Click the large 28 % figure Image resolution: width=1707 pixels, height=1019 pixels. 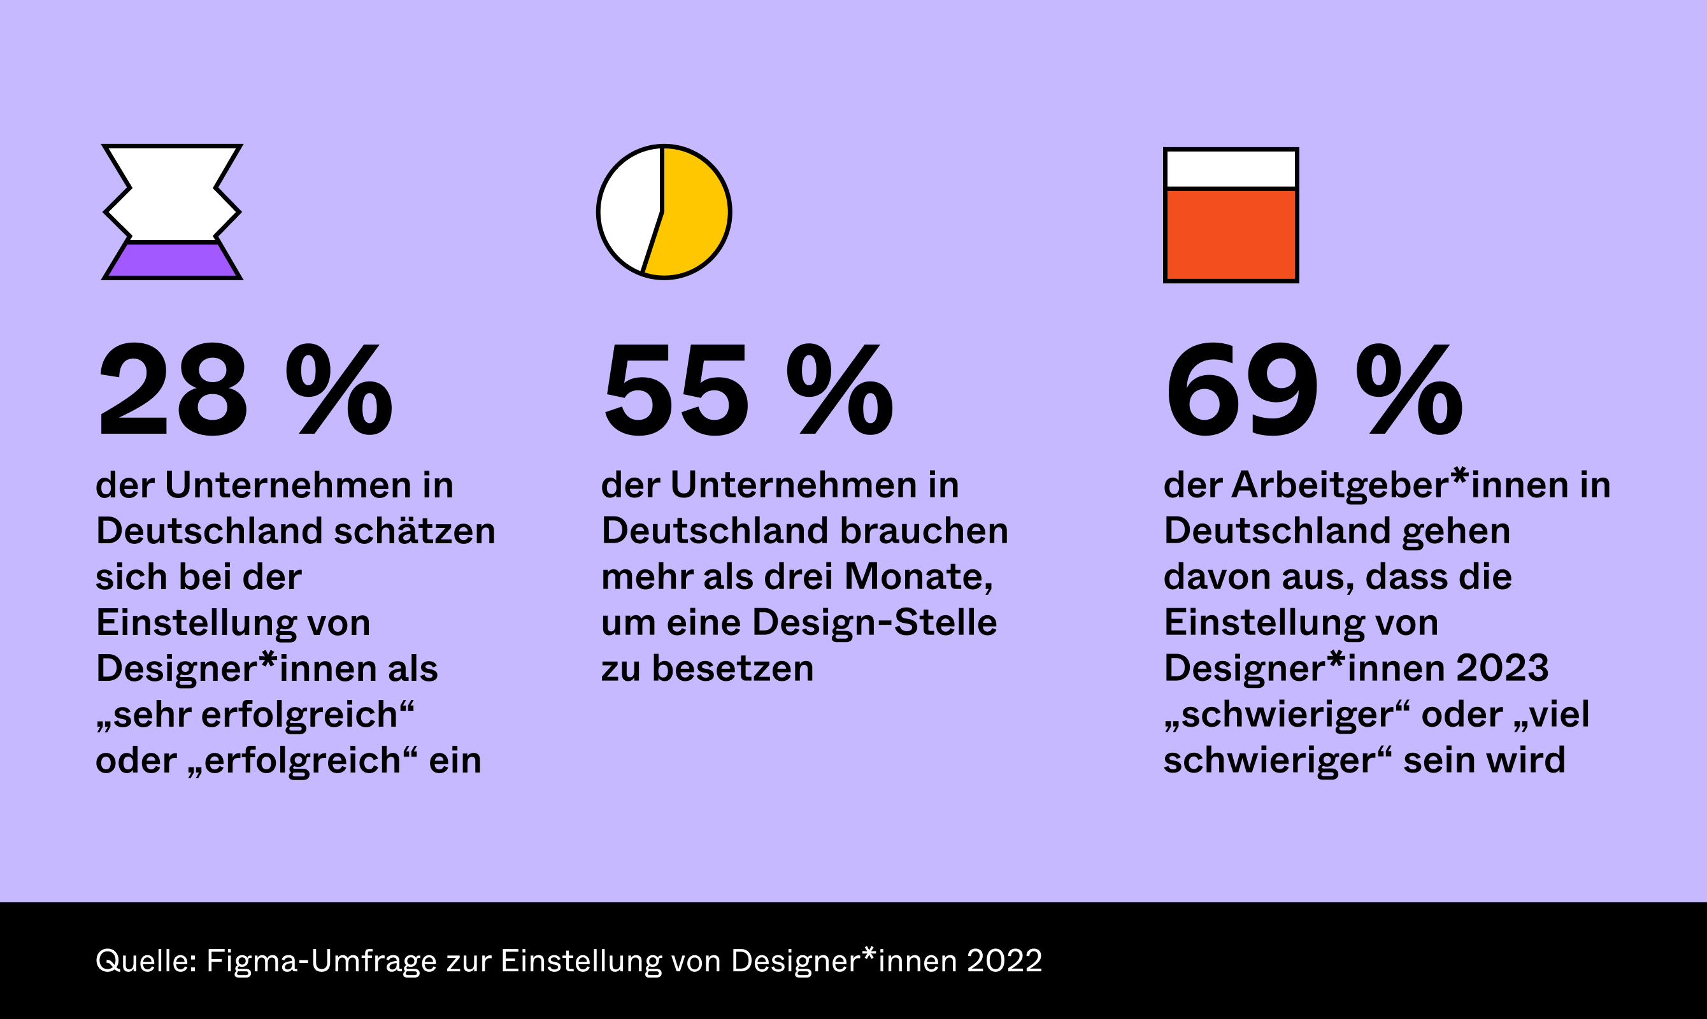click(245, 389)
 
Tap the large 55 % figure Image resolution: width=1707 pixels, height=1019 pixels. click(748, 389)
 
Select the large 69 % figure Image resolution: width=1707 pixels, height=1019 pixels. click(1313, 389)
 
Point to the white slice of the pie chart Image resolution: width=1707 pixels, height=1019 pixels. click(628, 210)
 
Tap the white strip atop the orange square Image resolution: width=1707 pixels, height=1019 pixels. click(1231, 169)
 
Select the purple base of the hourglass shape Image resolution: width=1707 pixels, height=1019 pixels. click(173, 260)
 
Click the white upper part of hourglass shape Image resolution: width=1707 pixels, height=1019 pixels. click(173, 192)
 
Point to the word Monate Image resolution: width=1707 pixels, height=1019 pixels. click(918, 577)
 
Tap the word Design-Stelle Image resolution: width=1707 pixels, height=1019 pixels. click(874, 623)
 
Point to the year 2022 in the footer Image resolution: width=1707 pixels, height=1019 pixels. click(1004, 960)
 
